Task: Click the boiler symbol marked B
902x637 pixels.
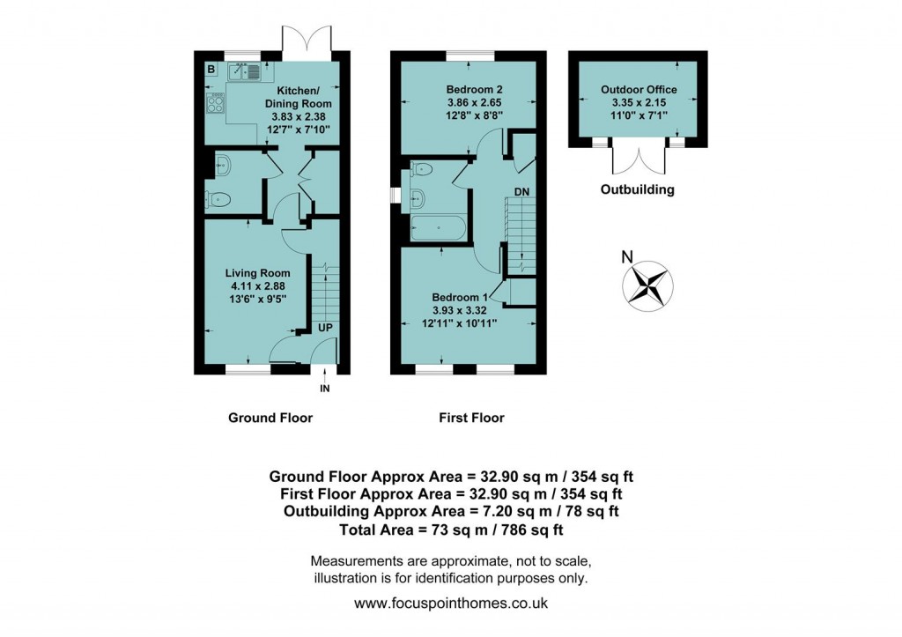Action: click(211, 69)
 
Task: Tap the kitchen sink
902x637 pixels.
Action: click(243, 72)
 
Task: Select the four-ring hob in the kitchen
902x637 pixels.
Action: click(215, 103)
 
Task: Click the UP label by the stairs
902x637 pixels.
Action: click(326, 327)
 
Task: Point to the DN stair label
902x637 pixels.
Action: click(521, 191)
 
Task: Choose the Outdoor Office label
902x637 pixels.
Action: click(639, 102)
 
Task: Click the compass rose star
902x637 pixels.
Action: click(648, 285)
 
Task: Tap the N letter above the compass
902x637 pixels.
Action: click(627, 258)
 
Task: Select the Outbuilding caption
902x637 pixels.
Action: click(637, 189)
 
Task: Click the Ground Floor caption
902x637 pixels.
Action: click(270, 417)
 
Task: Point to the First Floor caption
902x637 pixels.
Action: click(471, 417)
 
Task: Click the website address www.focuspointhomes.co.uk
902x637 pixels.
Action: click(451, 604)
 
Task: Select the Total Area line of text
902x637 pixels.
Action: click(451, 530)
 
